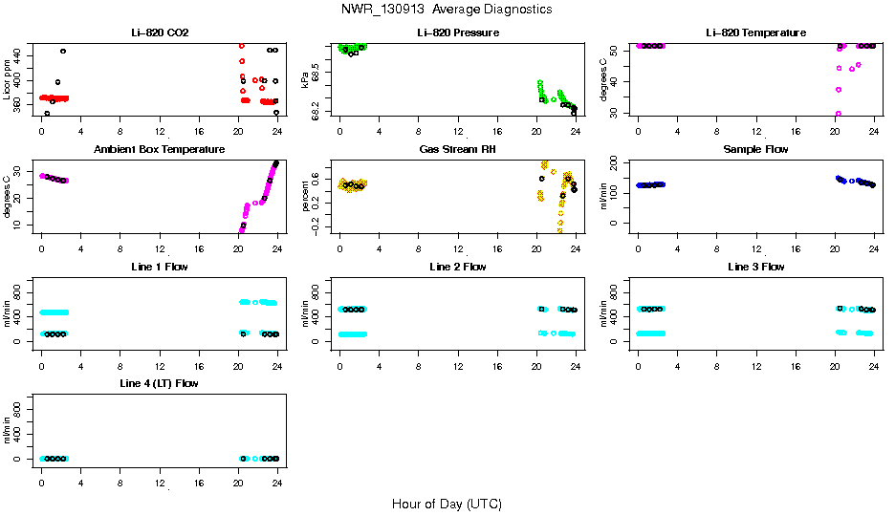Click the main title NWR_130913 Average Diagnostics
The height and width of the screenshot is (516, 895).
pyautogui.click(x=447, y=10)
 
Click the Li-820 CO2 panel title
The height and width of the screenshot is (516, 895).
pyautogui.click(x=160, y=33)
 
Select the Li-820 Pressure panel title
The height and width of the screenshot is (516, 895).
pyautogui.click(x=457, y=33)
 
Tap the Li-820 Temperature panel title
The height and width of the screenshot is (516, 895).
pyautogui.click(x=755, y=33)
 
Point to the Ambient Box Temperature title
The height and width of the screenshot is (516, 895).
pyautogui.click(x=160, y=150)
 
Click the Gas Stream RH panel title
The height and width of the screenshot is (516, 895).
pyautogui.click(x=457, y=150)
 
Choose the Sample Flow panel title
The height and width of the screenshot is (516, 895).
pyautogui.click(x=755, y=150)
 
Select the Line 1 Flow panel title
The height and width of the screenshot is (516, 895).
pyautogui.click(x=160, y=267)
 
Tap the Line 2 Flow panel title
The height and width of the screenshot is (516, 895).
pyautogui.click(x=457, y=267)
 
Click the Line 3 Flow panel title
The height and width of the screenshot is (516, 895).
pyautogui.click(x=755, y=267)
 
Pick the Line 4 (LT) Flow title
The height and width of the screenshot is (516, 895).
pyautogui.click(x=160, y=383)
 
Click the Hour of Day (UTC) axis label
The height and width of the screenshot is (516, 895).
pyautogui.click(x=447, y=504)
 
